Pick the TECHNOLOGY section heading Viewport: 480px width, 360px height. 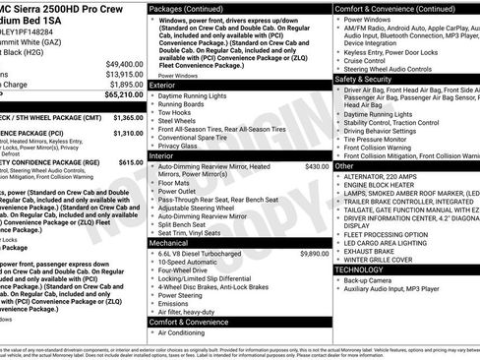pyautogui.click(x=359, y=269)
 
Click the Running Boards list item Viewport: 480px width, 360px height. pyautogui.click(x=182, y=103)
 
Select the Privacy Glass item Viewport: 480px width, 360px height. pyautogui.click(x=179, y=146)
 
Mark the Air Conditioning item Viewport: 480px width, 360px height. pyautogui.click(x=184, y=332)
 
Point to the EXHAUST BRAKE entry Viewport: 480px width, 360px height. pyautogui.click(x=371, y=250)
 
